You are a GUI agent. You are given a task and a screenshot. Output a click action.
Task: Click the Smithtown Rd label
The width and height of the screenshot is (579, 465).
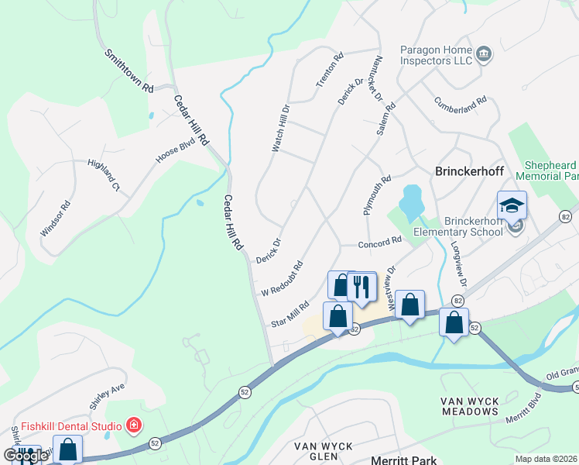[x=129, y=72]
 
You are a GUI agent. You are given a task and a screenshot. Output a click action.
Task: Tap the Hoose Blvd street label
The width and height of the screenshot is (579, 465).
[x=174, y=150]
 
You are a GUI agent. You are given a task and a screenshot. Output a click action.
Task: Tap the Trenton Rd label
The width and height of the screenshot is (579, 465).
[x=329, y=69]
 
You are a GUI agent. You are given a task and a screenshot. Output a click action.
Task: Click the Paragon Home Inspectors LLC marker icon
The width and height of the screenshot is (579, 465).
[x=485, y=53]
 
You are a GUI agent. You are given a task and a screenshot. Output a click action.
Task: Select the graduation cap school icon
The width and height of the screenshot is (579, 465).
[x=512, y=206]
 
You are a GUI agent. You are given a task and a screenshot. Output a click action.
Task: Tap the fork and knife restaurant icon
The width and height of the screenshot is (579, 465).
[x=361, y=287]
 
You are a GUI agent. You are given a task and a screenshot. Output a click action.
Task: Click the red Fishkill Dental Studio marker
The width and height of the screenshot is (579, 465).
[x=134, y=425]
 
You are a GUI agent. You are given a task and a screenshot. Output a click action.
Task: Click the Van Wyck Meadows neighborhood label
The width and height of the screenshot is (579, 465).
[x=470, y=405]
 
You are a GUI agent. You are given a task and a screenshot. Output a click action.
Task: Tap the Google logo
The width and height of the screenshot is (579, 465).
[x=26, y=456]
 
